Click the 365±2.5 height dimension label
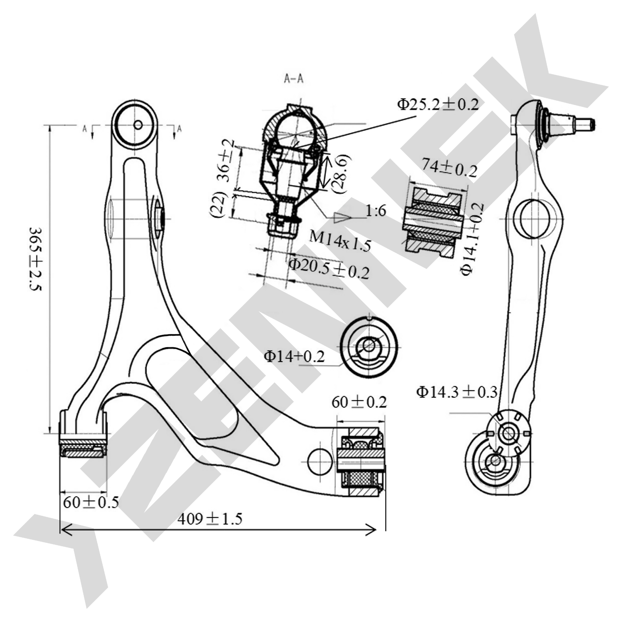(x=35, y=259)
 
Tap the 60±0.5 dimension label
(x=91, y=502)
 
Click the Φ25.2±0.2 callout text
(x=438, y=105)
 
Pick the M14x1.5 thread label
(x=340, y=241)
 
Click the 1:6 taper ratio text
(x=376, y=211)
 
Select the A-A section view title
(x=294, y=79)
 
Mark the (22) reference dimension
(x=218, y=205)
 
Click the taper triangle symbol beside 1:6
(x=342, y=218)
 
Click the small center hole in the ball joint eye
(x=138, y=125)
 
